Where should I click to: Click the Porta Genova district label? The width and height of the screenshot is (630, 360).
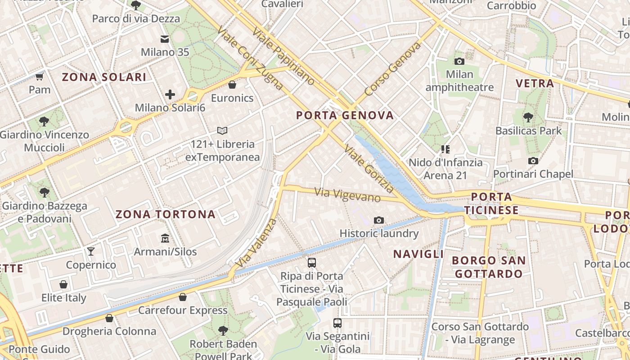tap(345, 115)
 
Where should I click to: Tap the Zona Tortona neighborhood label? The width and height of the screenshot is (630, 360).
tap(166, 214)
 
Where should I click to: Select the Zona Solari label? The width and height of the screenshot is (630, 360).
tap(104, 77)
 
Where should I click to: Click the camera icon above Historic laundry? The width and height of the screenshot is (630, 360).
tap(379, 220)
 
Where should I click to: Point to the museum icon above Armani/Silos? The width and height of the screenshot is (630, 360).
tap(165, 238)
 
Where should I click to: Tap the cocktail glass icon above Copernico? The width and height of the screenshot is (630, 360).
tap(91, 251)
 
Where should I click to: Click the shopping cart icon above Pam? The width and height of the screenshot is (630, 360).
tap(40, 76)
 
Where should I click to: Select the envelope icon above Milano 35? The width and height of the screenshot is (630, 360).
tap(165, 39)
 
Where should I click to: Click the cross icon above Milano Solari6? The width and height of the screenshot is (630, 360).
tap(170, 94)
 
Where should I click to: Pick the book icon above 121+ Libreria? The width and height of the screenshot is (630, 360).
tap(222, 131)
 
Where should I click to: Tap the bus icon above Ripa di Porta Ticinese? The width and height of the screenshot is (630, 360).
tap(311, 262)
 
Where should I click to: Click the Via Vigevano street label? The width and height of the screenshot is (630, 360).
tap(347, 195)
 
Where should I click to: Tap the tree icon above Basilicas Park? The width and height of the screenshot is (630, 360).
tap(528, 117)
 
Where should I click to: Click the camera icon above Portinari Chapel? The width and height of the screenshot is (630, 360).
tap(533, 161)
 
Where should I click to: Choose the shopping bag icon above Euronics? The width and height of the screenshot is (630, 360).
tap(232, 85)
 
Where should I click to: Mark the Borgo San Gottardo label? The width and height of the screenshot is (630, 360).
tap(489, 267)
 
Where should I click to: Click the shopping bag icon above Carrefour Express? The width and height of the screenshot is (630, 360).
tap(182, 297)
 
